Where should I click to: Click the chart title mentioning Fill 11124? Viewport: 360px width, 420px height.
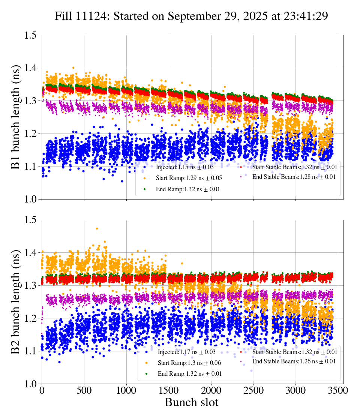pyautogui.click(x=191, y=16)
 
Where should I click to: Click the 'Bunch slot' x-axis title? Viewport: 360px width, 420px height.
pyautogui.click(x=191, y=402)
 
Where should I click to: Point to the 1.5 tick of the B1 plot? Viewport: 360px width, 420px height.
pyautogui.click(x=30, y=35)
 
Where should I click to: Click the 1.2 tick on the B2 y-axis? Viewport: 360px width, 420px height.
pyautogui.click(x=30, y=318)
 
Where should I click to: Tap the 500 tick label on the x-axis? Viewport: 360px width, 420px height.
pyautogui.click(x=84, y=390)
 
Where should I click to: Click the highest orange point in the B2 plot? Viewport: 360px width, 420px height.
pyautogui.click(x=97, y=228)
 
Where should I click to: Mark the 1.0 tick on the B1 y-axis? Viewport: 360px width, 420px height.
pyautogui.click(x=30, y=199)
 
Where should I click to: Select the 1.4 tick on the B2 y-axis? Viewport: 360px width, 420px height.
pyautogui.click(x=30, y=252)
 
